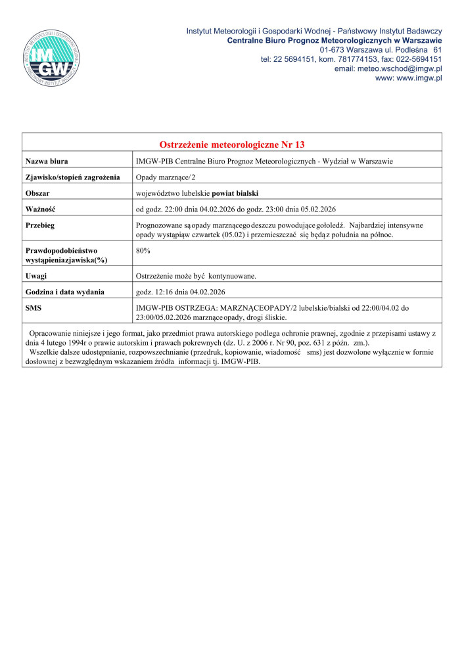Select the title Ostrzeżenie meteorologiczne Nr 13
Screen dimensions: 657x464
click(x=232, y=145)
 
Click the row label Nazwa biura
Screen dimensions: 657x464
click(x=47, y=161)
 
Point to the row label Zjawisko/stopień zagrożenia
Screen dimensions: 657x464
click(x=72, y=177)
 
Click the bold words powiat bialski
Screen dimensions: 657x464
click(x=235, y=193)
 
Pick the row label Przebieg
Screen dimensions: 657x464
click(x=39, y=225)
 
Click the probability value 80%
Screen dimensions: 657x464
click(x=143, y=250)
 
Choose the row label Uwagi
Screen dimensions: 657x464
click(x=35, y=275)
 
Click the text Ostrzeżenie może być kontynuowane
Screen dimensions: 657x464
click(x=195, y=275)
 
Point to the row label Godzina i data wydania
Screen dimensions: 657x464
click(x=64, y=291)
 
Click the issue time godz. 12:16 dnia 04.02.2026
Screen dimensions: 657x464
click(x=185, y=291)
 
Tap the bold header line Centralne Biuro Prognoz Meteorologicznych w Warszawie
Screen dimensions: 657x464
click(x=334, y=41)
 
